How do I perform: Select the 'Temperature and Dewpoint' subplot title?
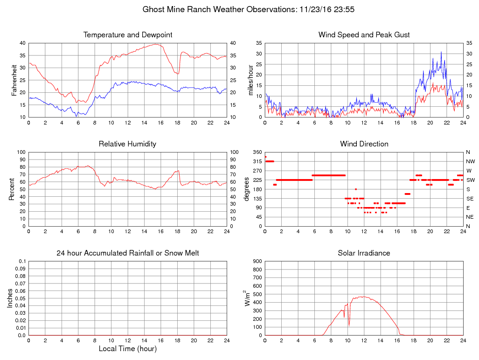[128, 35]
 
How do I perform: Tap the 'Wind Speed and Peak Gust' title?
[364, 35]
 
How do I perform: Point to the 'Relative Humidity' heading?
[128, 144]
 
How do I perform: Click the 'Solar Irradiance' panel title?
[364, 253]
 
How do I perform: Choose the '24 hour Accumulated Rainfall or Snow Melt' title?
[128, 253]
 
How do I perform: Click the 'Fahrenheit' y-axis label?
[14, 80]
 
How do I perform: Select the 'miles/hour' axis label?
[251, 80]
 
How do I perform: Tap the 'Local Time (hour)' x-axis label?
[128, 348]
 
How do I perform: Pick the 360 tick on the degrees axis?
[257, 152]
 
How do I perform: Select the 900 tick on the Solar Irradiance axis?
[257, 261]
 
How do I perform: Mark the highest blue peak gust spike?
[441, 52]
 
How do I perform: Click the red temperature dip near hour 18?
[178, 74]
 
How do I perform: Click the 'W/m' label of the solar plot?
[248, 298]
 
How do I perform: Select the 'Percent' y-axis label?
[11, 189]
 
